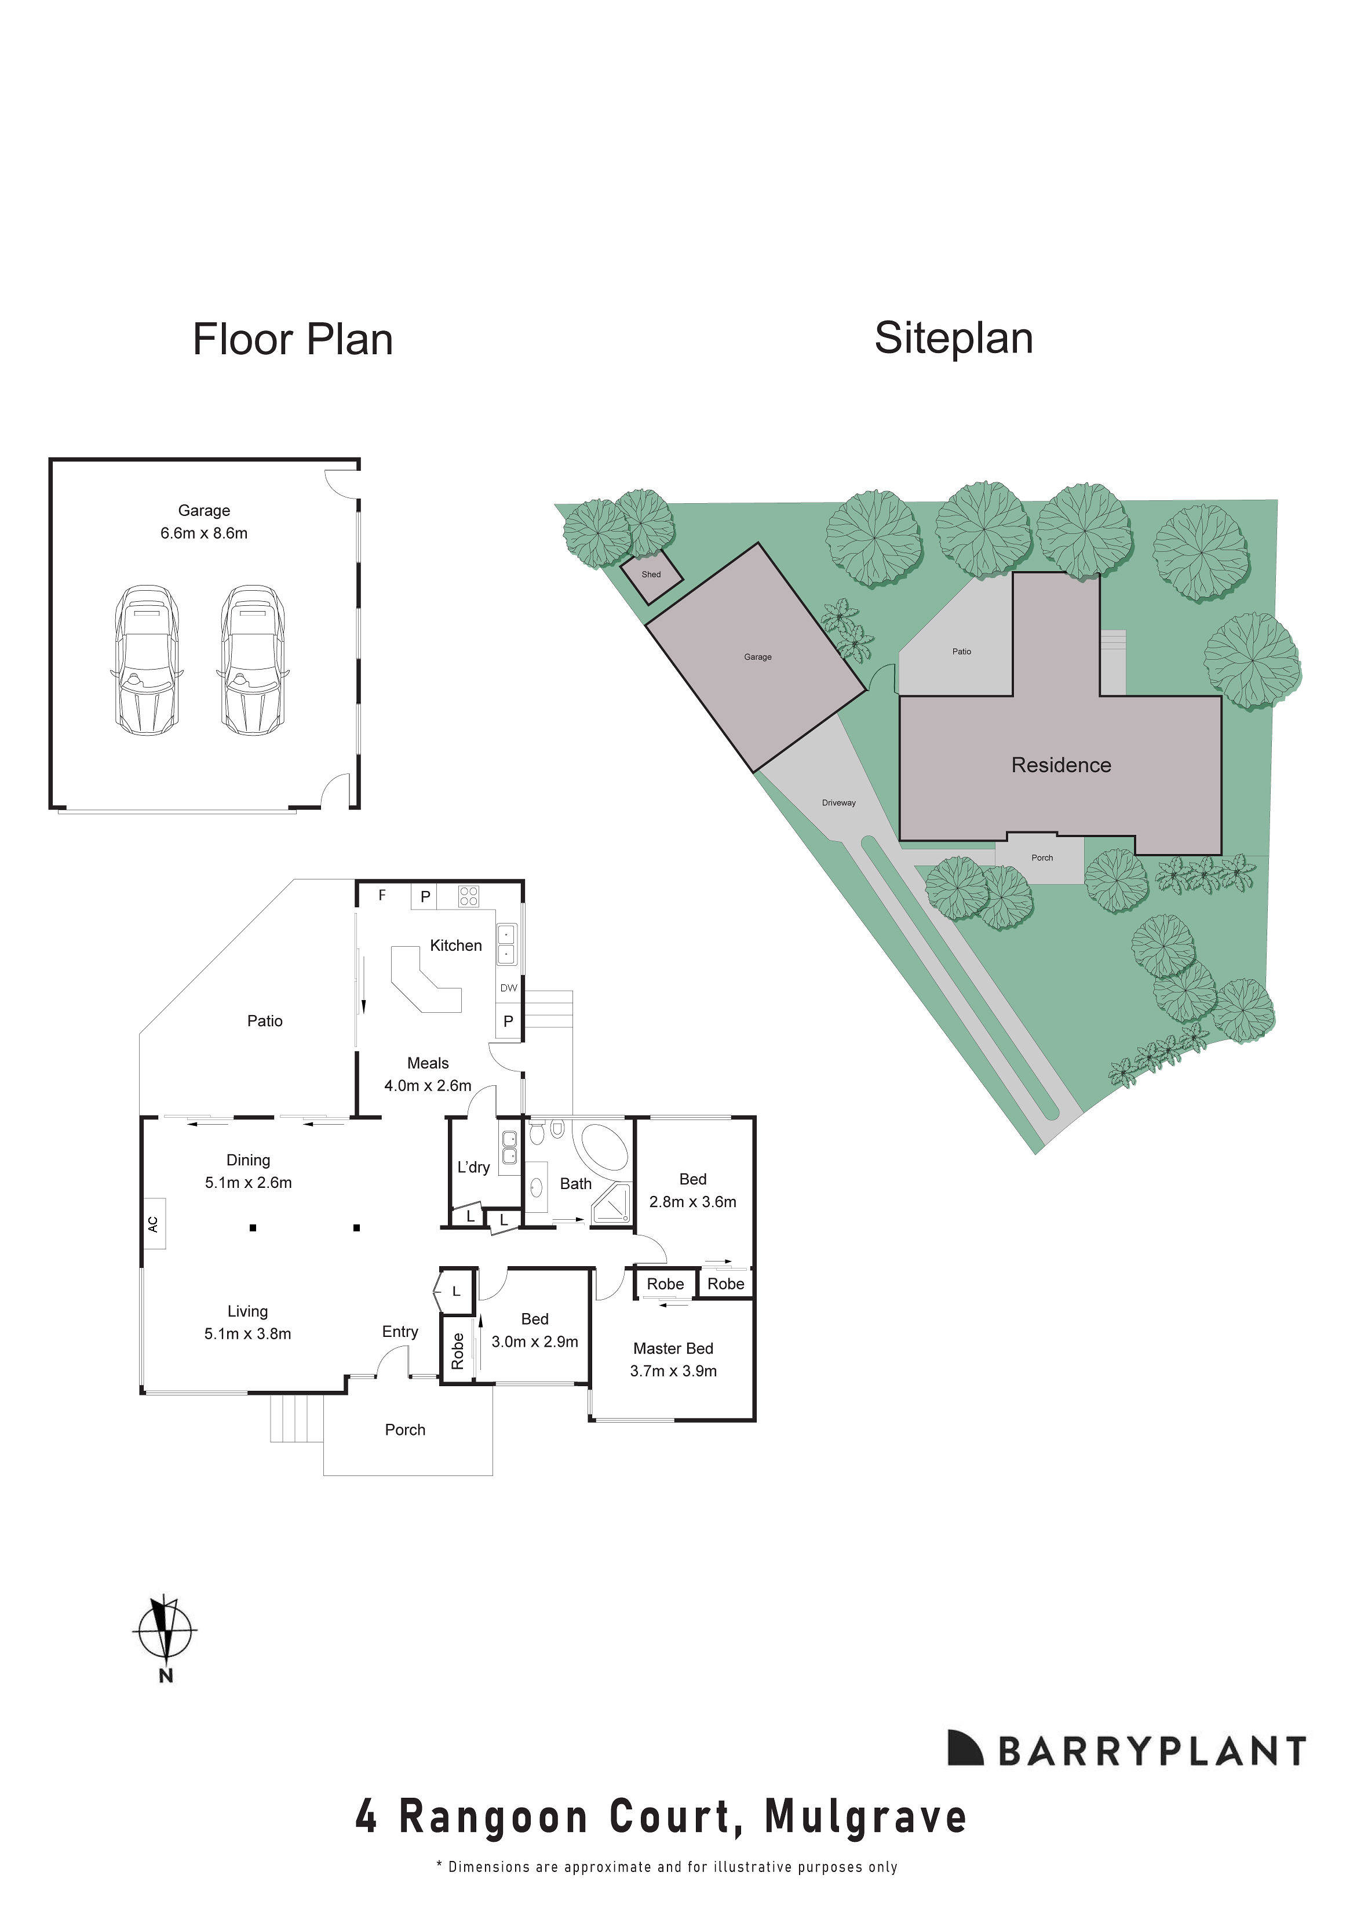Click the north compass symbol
[165, 1631]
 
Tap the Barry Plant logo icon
[964, 1748]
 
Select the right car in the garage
[252, 660]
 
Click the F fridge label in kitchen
[382, 895]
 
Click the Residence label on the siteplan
[1060, 765]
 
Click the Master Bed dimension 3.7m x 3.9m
[673, 1371]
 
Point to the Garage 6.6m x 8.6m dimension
[203, 533]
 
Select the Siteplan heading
[953, 339]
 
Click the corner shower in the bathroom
[612, 1207]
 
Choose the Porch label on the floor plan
[404, 1430]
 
